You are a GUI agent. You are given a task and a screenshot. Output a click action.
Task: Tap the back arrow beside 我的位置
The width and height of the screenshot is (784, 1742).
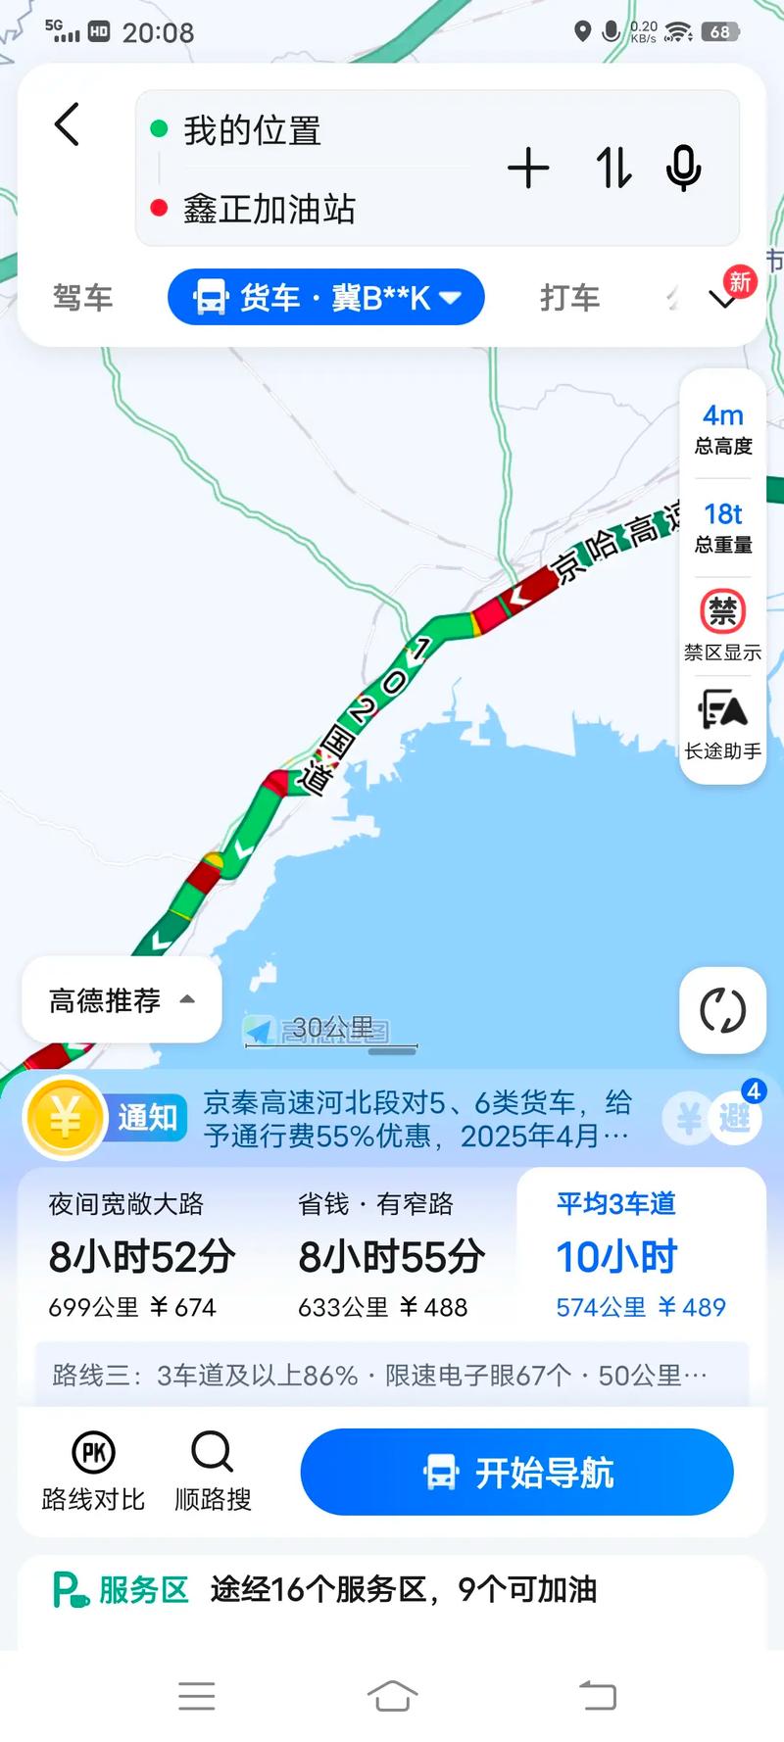point(67,125)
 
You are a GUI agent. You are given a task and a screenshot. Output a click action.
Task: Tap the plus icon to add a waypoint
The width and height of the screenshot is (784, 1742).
point(528,169)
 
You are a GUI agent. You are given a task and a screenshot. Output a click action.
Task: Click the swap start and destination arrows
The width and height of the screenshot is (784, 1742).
point(613,169)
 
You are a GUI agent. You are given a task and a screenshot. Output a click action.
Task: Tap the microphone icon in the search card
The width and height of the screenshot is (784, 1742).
point(683,169)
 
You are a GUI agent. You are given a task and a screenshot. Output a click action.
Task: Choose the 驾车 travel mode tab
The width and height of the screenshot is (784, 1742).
point(82,297)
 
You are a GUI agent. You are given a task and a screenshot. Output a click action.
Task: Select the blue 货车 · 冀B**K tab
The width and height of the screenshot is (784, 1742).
point(326,297)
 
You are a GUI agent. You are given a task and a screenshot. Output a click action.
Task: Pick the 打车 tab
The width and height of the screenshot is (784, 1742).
point(569,297)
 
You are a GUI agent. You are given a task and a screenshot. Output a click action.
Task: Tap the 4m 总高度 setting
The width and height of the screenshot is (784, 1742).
point(723,429)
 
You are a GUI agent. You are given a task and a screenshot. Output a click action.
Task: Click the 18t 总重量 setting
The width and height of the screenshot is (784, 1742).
point(723,527)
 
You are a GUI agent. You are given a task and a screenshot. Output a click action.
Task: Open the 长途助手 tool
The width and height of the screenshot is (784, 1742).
point(723,725)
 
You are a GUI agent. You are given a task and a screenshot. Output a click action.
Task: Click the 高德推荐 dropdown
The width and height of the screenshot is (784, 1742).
point(122,1000)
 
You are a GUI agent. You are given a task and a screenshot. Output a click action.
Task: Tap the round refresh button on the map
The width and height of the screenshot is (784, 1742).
point(722,1010)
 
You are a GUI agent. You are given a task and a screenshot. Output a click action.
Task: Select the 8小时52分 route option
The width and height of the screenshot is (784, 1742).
point(142,1256)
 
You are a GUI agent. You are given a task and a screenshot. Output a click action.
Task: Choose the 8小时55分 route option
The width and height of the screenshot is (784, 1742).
point(390,1256)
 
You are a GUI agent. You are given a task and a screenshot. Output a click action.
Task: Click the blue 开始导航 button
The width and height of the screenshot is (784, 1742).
point(516,1472)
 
